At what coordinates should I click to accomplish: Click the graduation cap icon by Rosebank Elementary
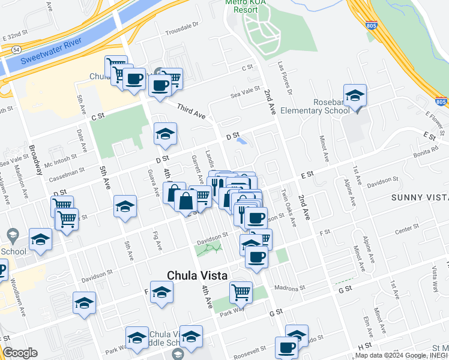355,95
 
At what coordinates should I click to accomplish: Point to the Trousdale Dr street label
181,28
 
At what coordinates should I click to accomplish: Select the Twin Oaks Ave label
289,209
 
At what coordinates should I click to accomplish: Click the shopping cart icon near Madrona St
241,292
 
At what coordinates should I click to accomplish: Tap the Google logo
20,353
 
